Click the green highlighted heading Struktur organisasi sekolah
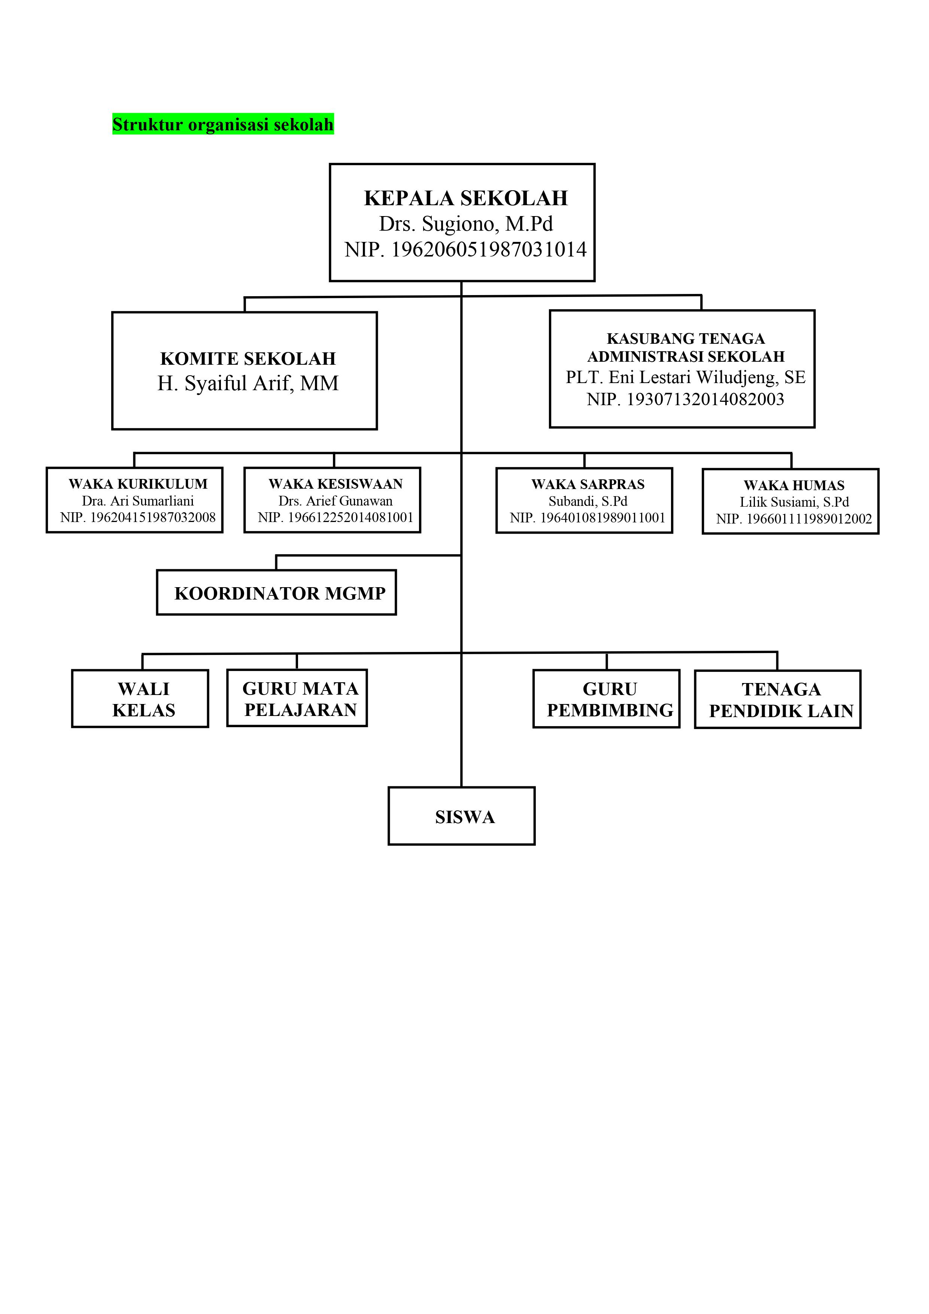[223, 124]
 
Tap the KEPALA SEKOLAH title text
[466, 198]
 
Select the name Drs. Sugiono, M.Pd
[466, 224]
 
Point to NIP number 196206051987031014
[466, 249]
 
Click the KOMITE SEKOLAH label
[248, 358]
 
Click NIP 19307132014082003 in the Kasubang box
[686, 400]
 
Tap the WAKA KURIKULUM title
[138, 484]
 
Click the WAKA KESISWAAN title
[336, 484]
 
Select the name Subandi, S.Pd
[588, 501]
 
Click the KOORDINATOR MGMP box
[276, 592]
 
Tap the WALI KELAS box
[140, 698]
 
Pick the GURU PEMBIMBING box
[607, 699]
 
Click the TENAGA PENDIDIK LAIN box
[778, 700]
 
